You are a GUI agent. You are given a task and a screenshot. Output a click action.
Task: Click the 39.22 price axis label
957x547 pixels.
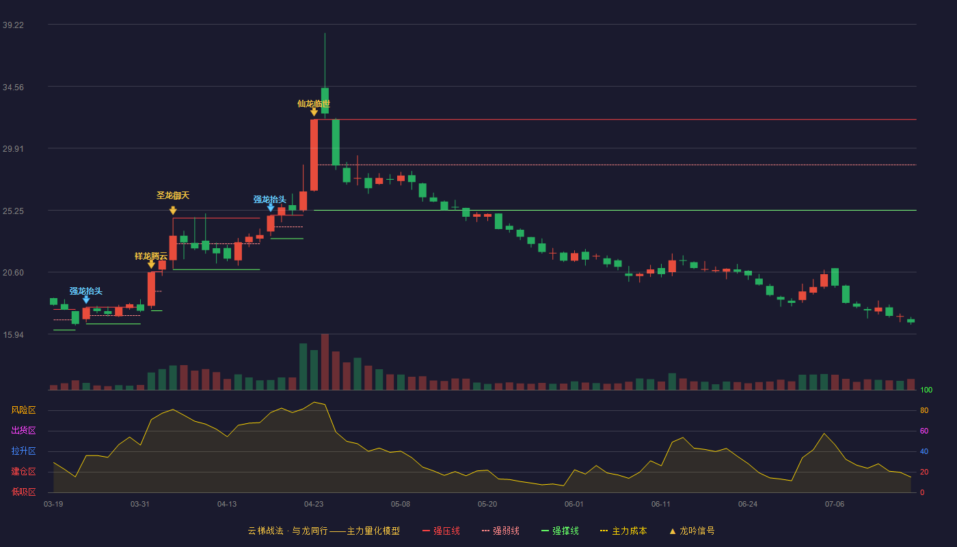coord(13,25)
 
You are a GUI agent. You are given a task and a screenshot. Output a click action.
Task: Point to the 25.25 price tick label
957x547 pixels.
coord(13,211)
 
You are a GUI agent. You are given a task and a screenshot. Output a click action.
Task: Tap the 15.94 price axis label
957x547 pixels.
coord(13,334)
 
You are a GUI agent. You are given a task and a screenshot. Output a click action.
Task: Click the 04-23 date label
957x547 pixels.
coord(314,505)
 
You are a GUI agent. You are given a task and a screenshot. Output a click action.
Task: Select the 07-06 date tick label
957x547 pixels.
coord(835,505)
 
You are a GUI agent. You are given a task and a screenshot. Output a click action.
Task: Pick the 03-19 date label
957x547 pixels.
coord(53,505)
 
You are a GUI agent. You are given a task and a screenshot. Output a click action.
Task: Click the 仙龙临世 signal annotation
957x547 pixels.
coord(314,103)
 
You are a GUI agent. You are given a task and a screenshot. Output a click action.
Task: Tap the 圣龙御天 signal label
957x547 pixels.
coord(172,196)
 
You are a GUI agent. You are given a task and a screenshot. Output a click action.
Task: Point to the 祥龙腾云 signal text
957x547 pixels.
coord(151,256)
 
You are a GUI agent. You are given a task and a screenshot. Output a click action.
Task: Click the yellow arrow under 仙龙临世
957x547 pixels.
coord(314,112)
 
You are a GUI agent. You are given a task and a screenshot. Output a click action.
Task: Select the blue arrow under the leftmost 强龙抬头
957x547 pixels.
coord(86,299)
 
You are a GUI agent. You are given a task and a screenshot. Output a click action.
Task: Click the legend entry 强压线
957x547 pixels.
coord(441,531)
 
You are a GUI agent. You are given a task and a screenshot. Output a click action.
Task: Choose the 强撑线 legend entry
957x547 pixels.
coord(560,531)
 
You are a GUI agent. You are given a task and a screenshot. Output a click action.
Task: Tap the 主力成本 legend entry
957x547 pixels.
coord(623,531)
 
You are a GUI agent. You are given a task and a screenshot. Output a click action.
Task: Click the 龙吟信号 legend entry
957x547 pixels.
coord(692,531)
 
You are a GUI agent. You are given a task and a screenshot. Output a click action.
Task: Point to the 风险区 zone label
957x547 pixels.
coord(23,410)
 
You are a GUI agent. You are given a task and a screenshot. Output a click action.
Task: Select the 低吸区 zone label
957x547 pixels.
coord(23,492)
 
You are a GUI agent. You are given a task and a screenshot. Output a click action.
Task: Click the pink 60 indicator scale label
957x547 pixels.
coord(924,431)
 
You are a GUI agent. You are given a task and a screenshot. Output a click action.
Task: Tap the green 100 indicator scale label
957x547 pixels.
coord(926,390)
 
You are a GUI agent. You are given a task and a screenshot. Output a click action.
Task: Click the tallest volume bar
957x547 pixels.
coord(325,362)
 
